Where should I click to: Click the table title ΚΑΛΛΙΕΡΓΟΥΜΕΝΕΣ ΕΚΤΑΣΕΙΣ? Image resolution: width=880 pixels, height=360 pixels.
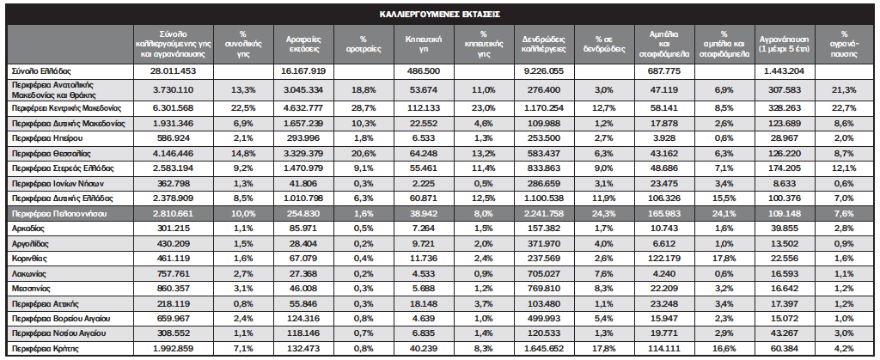pyautogui.click(x=439, y=14)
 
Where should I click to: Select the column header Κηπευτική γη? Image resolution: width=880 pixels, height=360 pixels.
pyautogui.click(x=424, y=45)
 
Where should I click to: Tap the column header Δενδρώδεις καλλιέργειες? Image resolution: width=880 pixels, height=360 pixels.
pyautogui.click(x=544, y=45)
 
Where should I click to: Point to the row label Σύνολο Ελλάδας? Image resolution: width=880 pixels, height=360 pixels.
pyautogui.click(x=41, y=71)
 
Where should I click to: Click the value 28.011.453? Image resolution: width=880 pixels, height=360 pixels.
pyautogui.click(x=173, y=71)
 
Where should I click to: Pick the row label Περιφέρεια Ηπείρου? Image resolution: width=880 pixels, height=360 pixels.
pyautogui.click(x=46, y=138)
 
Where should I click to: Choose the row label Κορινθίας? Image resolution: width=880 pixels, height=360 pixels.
pyautogui.click(x=28, y=259)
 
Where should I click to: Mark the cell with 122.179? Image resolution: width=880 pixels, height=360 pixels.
pyautogui.click(x=665, y=259)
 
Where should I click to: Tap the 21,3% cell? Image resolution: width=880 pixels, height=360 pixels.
pyautogui.click(x=844, y=89)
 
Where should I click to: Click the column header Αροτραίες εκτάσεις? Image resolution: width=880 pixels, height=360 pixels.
pyautogui.click(x=304, y=45)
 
